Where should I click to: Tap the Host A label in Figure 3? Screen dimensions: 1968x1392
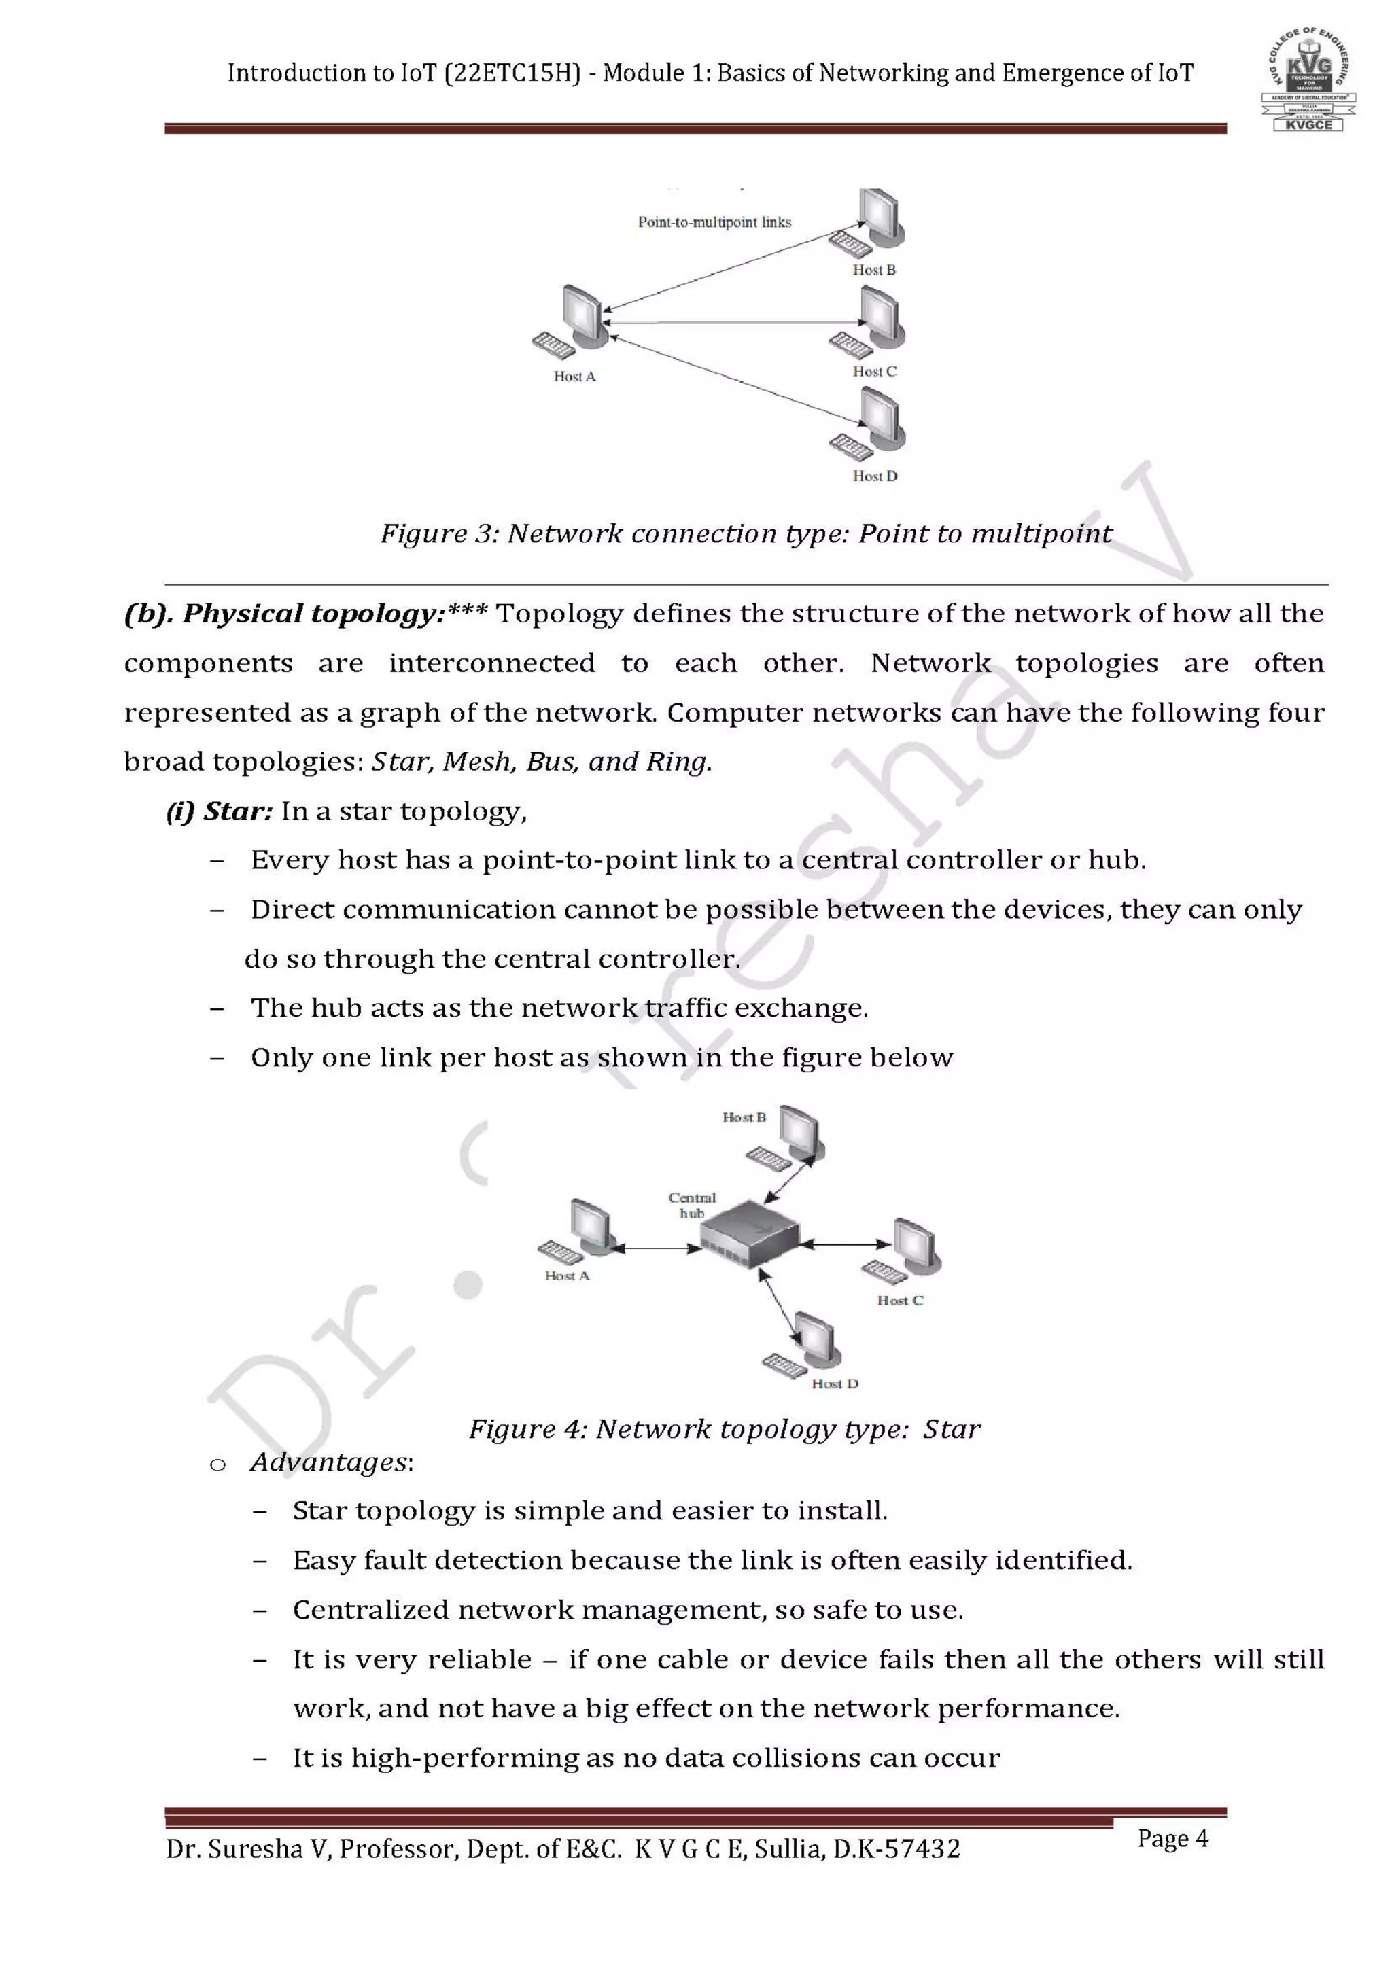[x=574, y=376]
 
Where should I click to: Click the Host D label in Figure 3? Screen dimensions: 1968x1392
[x=874, y=476]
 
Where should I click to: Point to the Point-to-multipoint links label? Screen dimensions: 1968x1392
[x=714, y=222]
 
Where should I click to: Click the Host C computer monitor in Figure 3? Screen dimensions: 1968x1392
[x=881, y=315]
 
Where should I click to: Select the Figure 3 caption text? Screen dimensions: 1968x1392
[x=746, y=534]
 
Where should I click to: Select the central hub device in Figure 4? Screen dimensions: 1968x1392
[x=749, y=1233]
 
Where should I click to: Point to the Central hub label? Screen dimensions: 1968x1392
[x=692, y=1204]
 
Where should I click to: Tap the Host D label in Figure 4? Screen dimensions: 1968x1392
[x=834, y=1384]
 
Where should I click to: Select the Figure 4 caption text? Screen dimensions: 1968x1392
[x=725, y=1429]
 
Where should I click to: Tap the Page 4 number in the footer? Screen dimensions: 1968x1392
[x=1172, y=1838]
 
